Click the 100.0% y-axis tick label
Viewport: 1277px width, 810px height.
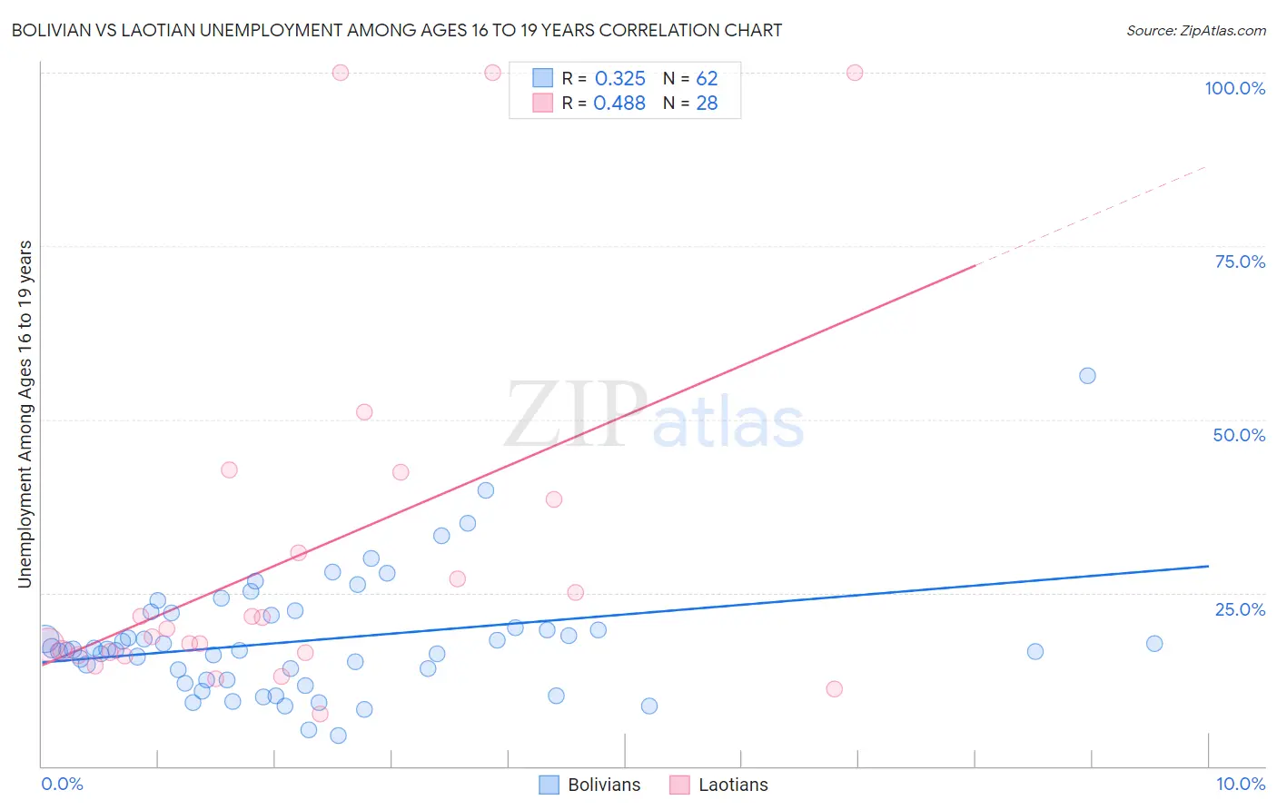point(1234,88)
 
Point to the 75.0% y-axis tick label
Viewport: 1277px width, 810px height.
point(1240,262)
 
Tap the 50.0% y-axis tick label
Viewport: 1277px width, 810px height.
point(1239,435)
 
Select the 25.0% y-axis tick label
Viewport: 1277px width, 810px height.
point(1240,608)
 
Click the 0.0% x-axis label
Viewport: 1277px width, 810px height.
point(62,784)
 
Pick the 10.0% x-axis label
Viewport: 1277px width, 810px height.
point(1240,784)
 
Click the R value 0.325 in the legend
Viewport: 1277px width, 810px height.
point(619,79)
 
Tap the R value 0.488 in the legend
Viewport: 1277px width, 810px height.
point(619,104)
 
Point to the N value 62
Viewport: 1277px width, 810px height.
point(707,79)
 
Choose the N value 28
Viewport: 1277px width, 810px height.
point(707,104)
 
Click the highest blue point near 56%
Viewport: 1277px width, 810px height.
point(1087,376)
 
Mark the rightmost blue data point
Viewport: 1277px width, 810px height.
point(1154,644)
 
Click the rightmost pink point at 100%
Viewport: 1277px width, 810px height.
point(855,73)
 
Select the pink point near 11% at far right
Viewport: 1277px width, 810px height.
point(835,689)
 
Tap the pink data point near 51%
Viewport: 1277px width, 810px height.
point(364,412)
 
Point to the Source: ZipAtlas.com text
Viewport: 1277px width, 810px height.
point(1195,31)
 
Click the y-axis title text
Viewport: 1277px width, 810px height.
point(25,414)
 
